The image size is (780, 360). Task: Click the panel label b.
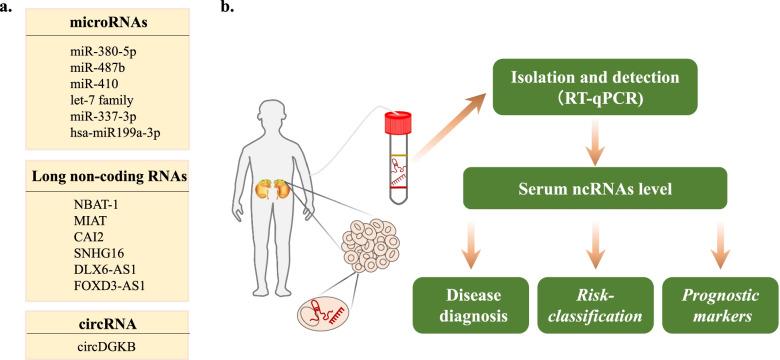click(227, 7)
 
